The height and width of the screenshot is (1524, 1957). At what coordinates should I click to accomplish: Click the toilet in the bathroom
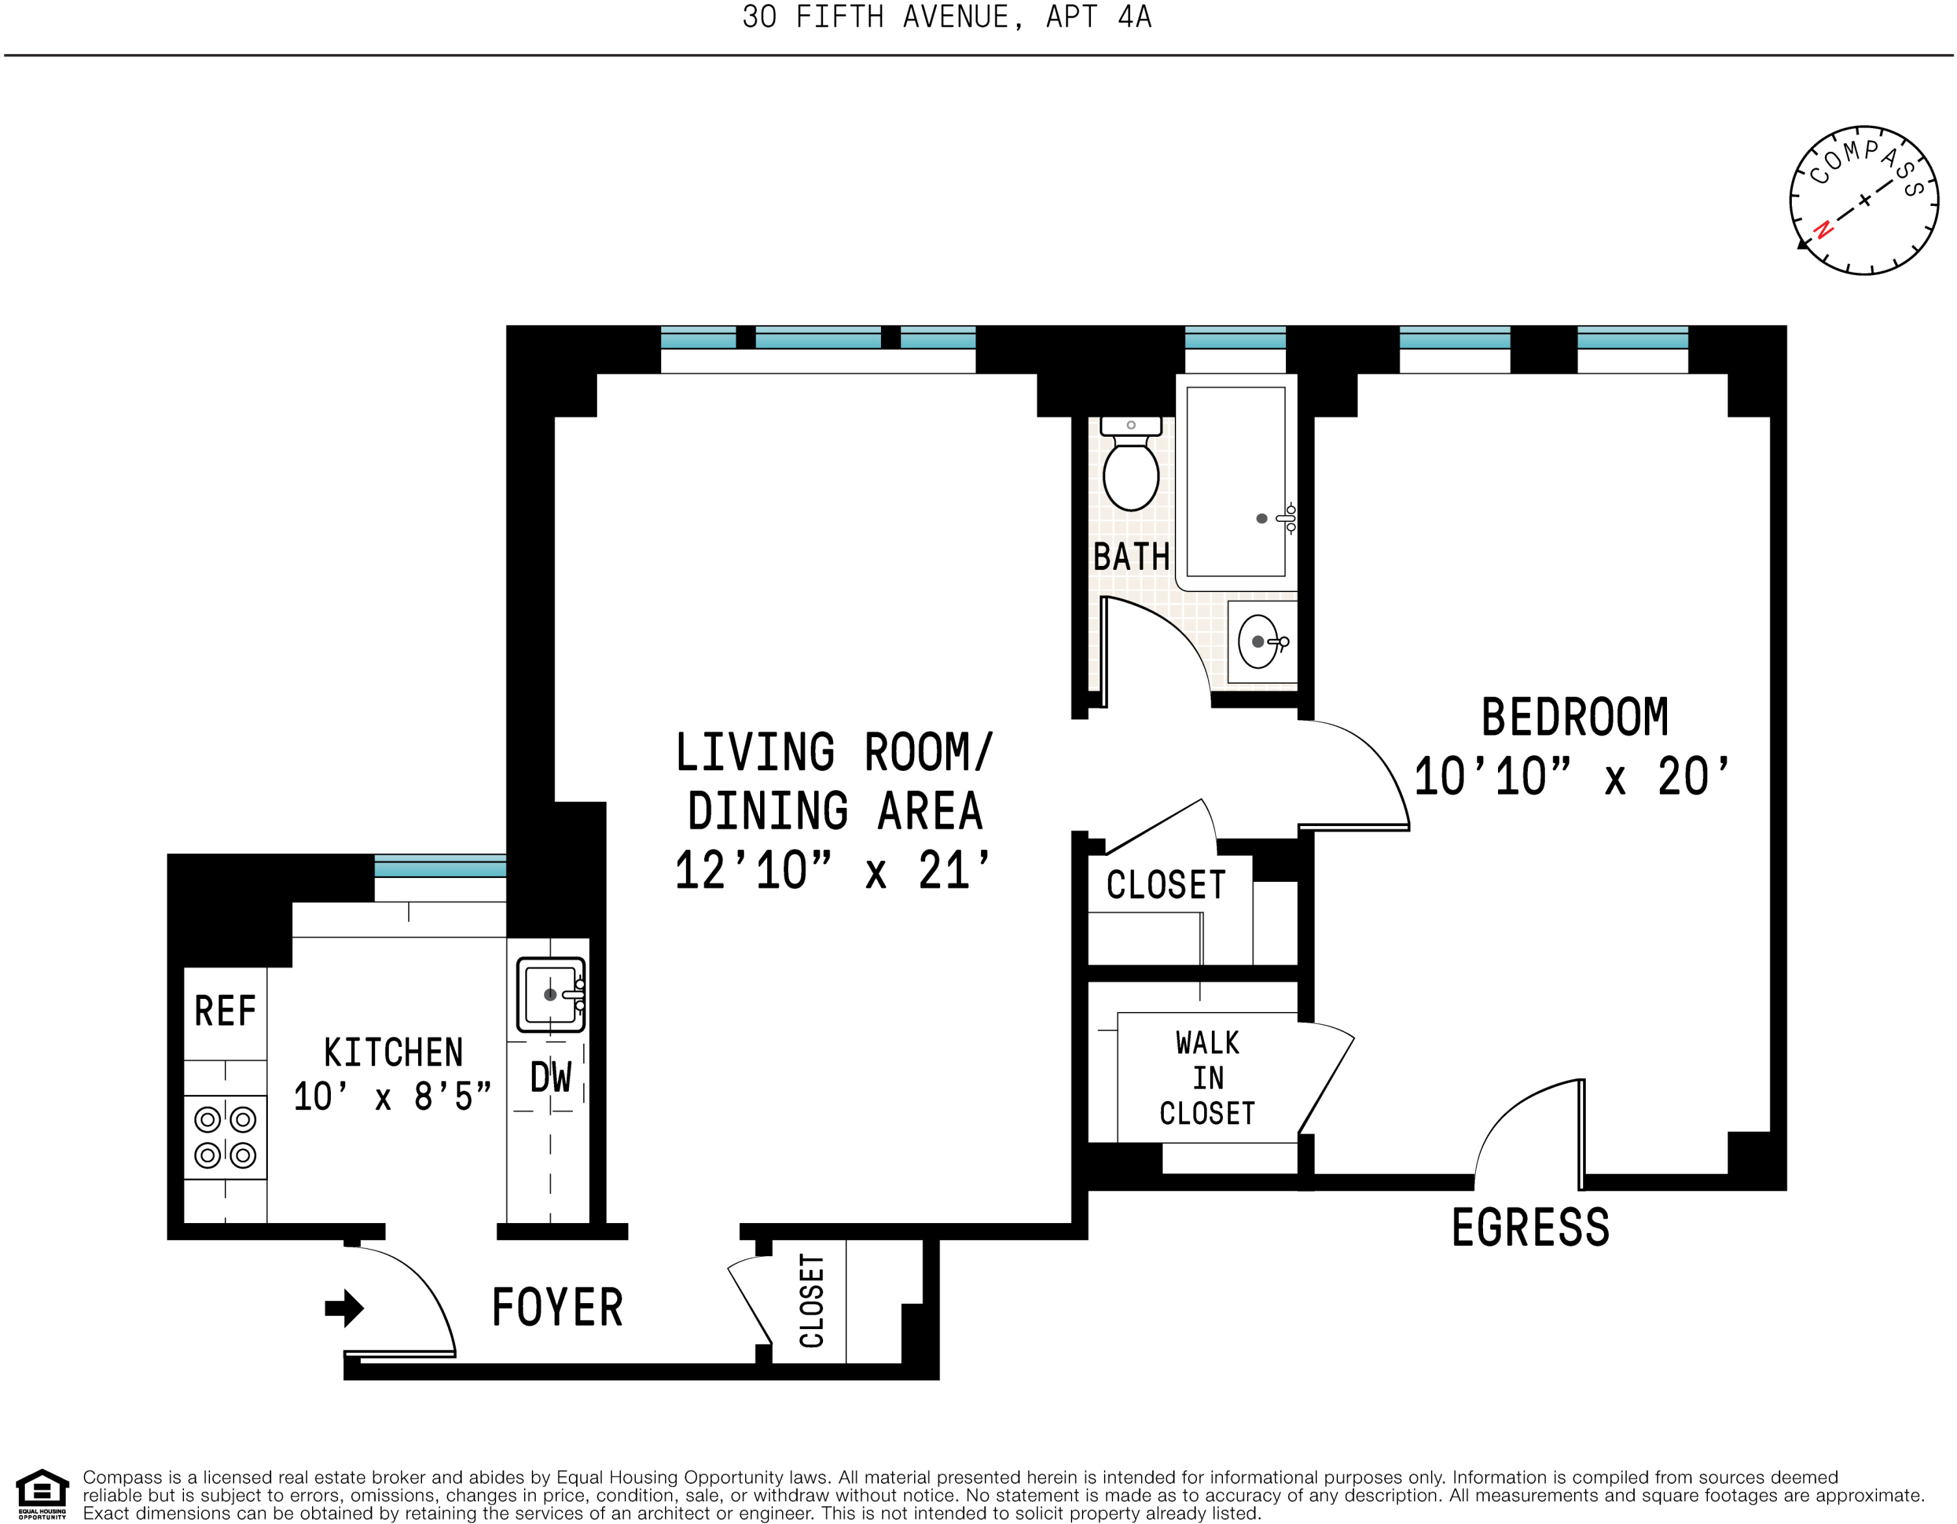pos(1131,463)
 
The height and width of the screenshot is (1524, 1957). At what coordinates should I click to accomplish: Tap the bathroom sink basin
pos(1259,641)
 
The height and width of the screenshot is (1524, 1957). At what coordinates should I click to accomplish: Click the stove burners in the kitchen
pos(225,1137)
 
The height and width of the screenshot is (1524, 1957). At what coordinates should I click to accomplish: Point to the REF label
pos(225,1011)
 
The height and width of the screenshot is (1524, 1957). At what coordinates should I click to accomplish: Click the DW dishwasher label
pos(550,1078)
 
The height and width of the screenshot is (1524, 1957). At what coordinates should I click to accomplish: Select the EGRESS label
pos(1530,1228)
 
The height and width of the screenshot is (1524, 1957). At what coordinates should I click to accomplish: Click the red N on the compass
pos(1822,230)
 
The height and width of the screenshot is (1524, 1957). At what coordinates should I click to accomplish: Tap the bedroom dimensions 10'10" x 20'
pos(1571,776)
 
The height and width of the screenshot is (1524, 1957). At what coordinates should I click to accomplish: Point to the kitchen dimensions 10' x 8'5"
pos(393,1096)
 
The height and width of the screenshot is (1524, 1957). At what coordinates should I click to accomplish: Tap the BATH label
pos(1132,556)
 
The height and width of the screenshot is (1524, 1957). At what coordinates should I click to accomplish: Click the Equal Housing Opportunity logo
pos(42,1495)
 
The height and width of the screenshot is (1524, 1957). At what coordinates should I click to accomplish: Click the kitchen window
pos(440,866)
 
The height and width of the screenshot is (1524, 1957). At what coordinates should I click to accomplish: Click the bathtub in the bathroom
pos(1236,482)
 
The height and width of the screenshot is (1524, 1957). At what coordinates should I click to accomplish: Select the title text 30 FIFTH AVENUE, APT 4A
pos(947,17)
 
